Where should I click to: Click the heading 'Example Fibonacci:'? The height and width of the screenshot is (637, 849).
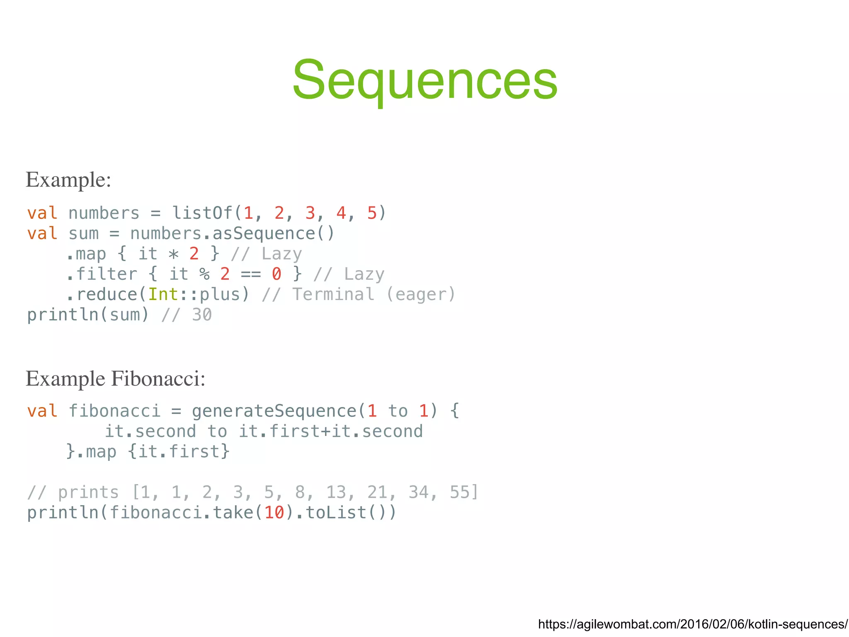click(x=116, y=379)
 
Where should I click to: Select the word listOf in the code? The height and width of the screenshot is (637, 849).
click(x=202, y=213)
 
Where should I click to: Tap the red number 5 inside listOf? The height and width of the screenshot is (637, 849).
click(x=371, y=213)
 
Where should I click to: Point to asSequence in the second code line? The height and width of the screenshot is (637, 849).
click(x=263, y=233)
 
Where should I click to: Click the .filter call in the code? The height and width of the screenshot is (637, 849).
click(x=102, y=274)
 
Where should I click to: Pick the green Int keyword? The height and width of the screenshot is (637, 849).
click(x=163, y=294)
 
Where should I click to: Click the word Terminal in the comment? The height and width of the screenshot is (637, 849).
click(x=333, y=294)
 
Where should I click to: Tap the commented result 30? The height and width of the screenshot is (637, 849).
click(x=202, y=315)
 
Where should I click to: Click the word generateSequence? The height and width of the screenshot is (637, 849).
click(x=274, y=411)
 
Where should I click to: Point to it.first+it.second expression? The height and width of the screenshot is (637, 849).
click(x=331, y=431)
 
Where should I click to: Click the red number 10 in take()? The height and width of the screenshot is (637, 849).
click(x=274, y=513)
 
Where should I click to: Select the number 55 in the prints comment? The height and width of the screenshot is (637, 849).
click(x=459, y=492)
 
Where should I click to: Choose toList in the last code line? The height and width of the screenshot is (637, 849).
click(x=336, y=513)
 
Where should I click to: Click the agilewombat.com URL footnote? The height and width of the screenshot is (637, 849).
click(x=693, y=624)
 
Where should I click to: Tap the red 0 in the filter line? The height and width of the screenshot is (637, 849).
click(x=277, y=274)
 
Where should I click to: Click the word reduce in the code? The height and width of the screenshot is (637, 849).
click(x=107, y=294)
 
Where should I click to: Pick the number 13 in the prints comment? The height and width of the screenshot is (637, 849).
click(x=336, y=492)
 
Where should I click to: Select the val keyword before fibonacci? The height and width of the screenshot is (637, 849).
click(x=42, y=411)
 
